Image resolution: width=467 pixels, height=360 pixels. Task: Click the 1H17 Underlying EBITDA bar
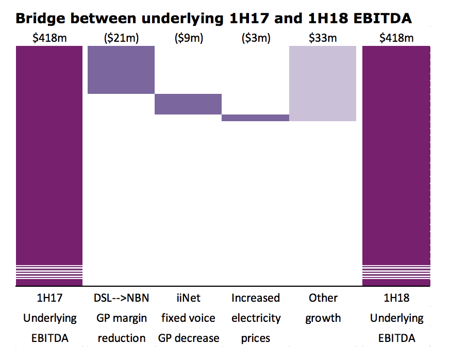pyautogui.click(x=49, y=155)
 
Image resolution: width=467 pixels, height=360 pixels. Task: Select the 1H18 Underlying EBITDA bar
pyautogui.click(x=396, y=155)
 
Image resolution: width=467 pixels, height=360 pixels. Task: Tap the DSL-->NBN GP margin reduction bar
pyautogui.click(x=121, y=70)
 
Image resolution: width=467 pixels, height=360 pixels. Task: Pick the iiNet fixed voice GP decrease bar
pyautogui.click(x=188, y=104)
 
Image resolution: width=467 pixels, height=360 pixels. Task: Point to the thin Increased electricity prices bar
pyautogui.click(x=255, y=118)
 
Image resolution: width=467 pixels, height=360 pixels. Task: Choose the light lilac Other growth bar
pyautogui.click(x=323, y=83)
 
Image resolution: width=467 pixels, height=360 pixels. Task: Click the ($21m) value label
pyautogui.click(x=121, y=38)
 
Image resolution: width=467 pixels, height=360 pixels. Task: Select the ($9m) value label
pyautogui.click(x=188, y=38)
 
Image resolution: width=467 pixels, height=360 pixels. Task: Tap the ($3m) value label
pyautogui.click(x=255, y=38)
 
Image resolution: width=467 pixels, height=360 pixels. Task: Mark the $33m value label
pyautogui.click(x=323, y=38)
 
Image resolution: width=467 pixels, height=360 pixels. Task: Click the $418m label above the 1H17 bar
pyautogui.click(x=49, y=38)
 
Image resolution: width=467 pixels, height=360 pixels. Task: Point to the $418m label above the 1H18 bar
pyautogui.click(x=396, y=38)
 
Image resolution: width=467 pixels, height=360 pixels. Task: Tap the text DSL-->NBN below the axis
pyautogui.click(x=121, y=298)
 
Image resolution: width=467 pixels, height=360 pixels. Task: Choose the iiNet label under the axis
pyautogui.click(x=188, y=298)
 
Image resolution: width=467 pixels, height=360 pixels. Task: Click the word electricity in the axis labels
pyautogui.click(x=256, y=318)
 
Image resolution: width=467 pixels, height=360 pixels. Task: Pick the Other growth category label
pyautogui.click(x=323, y=308)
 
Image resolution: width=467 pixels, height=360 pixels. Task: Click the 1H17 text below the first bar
pyautogui.click(x=49, y=298)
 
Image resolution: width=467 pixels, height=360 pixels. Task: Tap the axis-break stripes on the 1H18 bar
pyautogui.click(x=396, y=272)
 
